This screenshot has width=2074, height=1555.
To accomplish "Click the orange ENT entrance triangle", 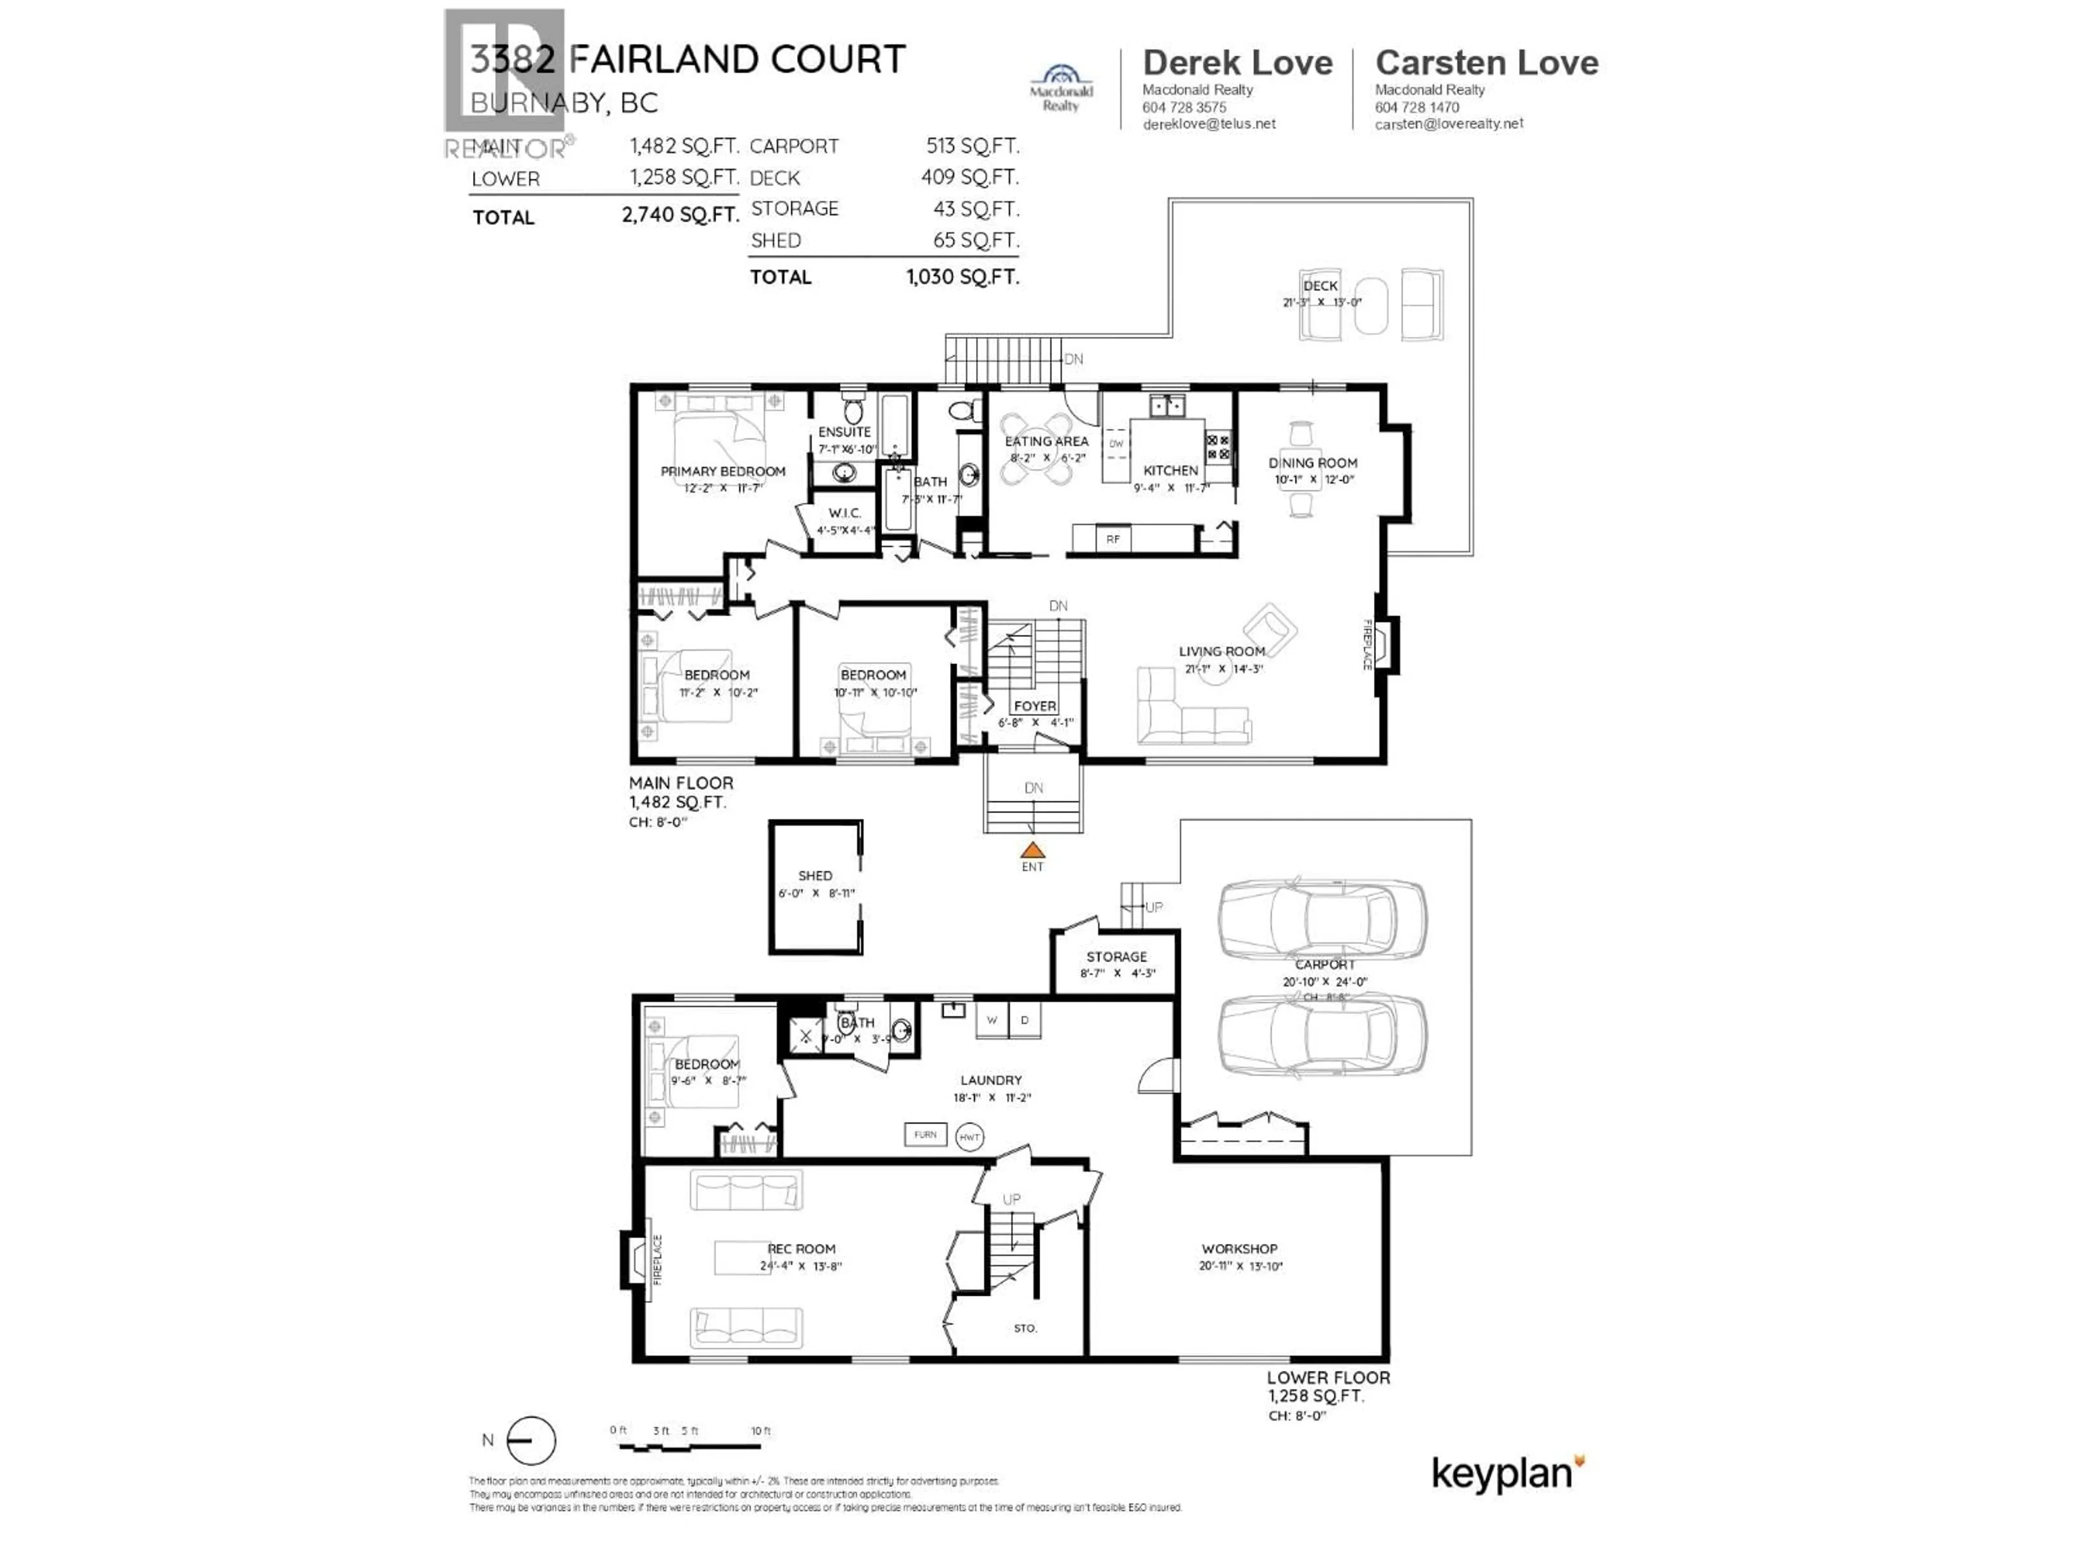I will click(x=1032, y=850).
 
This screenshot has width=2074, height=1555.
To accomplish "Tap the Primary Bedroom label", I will click(x=722, y=471).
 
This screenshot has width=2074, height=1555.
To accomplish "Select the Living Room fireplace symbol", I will click(x=1386, y=645).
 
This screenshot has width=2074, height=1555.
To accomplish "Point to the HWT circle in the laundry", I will click(x=969, y=1137).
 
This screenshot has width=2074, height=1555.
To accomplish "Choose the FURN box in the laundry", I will click(x=925, y=1134).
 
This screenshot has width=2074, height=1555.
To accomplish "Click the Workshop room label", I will click(x=1238, y=1248).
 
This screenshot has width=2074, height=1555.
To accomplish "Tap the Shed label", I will click(x=815, y=875).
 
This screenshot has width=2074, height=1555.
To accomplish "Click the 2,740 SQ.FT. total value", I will click(x=680, y=215).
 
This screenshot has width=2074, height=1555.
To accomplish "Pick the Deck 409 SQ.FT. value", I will click(x=969, y=177).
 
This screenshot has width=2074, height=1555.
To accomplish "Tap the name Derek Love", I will click(x=1237, y=63).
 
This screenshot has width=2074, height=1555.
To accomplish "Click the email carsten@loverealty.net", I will click(x=1449, y=124).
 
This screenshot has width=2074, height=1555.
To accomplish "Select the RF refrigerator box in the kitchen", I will click(x=1113, y=539).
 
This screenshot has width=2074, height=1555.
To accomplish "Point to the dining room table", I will click(x=1301, y=470).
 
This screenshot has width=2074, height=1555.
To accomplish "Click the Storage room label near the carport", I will click(x=1116, y=957).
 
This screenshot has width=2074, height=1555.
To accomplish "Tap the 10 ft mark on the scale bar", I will click(x=760, y=1431).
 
